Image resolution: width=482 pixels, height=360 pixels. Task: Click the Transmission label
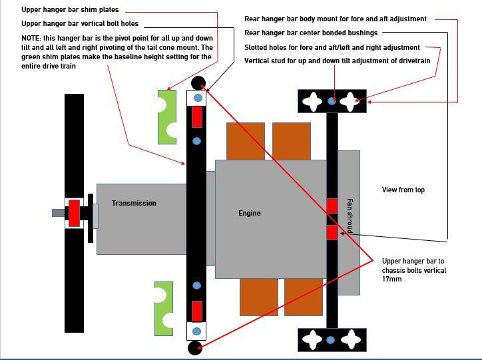pos(134,203)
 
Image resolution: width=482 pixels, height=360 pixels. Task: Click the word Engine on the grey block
pos(250,213)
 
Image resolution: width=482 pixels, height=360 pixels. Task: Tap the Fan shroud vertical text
pos(350,216)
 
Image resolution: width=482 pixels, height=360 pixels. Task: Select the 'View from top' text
pos(403,190)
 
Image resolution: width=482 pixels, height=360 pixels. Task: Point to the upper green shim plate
pos(167,116)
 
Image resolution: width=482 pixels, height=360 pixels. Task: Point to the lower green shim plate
pos(164,308)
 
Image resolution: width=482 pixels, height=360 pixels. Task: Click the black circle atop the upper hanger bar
pos(198,83)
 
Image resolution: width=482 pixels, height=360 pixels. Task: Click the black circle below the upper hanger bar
pos(195,347)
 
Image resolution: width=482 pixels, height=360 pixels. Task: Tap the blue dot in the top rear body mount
pos(332,101)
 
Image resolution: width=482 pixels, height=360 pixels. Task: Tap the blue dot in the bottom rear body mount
pos(331,340)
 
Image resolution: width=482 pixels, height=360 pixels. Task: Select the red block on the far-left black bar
pos(74,213)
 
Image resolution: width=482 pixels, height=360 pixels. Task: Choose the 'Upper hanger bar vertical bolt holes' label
pos(80,24)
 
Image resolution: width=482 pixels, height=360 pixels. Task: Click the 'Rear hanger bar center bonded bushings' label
pos(311,33)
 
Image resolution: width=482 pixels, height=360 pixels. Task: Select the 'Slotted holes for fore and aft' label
pos(332,47)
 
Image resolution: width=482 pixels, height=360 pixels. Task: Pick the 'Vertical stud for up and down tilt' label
pos(337,61)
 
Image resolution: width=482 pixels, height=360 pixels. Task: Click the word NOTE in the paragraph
pos(31,39)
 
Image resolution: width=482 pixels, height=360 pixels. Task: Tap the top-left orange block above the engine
pos(246,141)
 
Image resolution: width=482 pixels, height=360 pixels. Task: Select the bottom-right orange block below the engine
pos(303,297)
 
